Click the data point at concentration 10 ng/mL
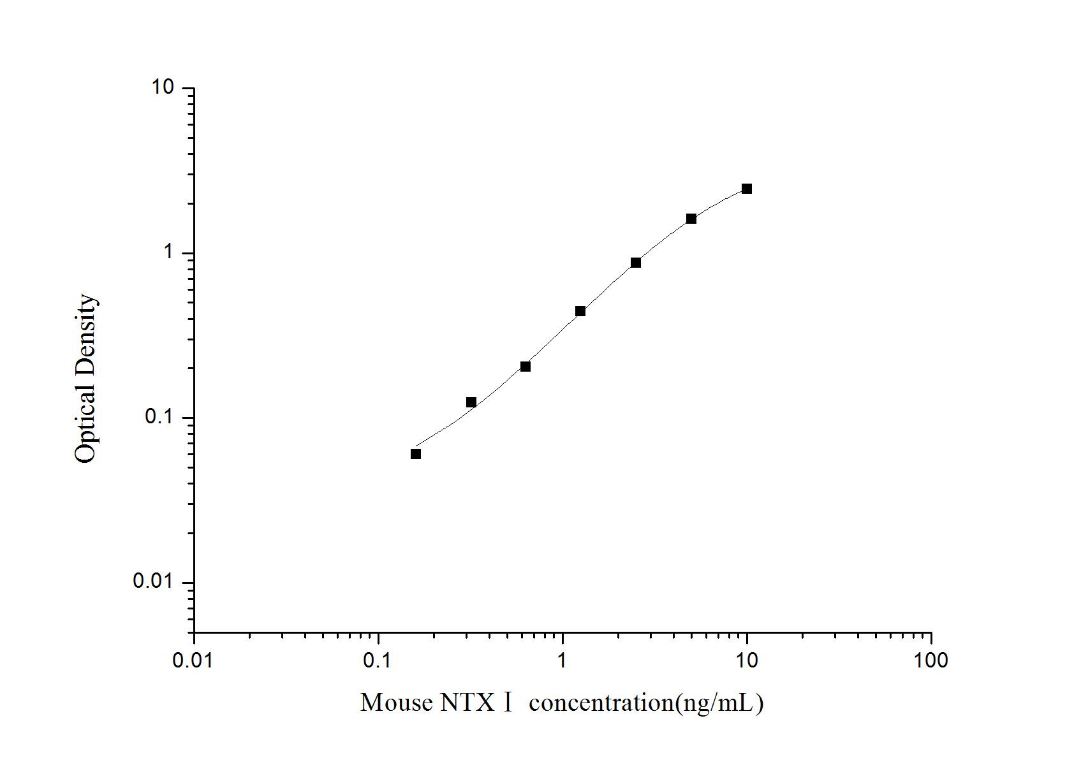coord(746,189)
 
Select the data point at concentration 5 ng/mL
coord(691,219)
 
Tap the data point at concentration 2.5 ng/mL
coord(636,263)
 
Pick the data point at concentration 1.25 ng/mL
coord(580,311)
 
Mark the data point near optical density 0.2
coord(526,367)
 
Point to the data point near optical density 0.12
coord(471,402)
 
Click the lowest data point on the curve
coord(416,454)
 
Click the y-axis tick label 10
coord(163,87)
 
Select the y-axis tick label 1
coord(169,252)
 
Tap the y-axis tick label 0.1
coord(159,417)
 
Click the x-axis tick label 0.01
coord(194,660)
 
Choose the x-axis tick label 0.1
coord(379,660)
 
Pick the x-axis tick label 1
coord(563,660)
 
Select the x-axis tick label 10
coord(747,660)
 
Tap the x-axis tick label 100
coord(930,660)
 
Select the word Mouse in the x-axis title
coord(396,703)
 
